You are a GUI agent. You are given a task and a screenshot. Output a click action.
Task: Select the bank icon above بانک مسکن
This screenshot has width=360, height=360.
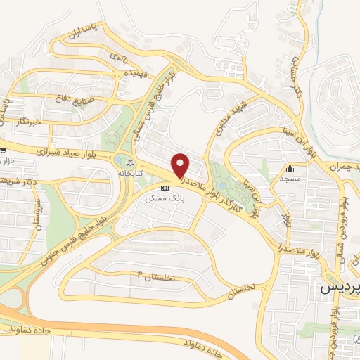pyautogui.click(x=165, y=188)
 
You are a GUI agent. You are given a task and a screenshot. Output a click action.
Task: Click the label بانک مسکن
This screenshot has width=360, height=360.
pyautogui.click(x=164, y=198)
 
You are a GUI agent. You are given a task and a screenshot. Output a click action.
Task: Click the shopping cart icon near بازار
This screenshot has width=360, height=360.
pyautogui.click(x=4, y=150)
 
